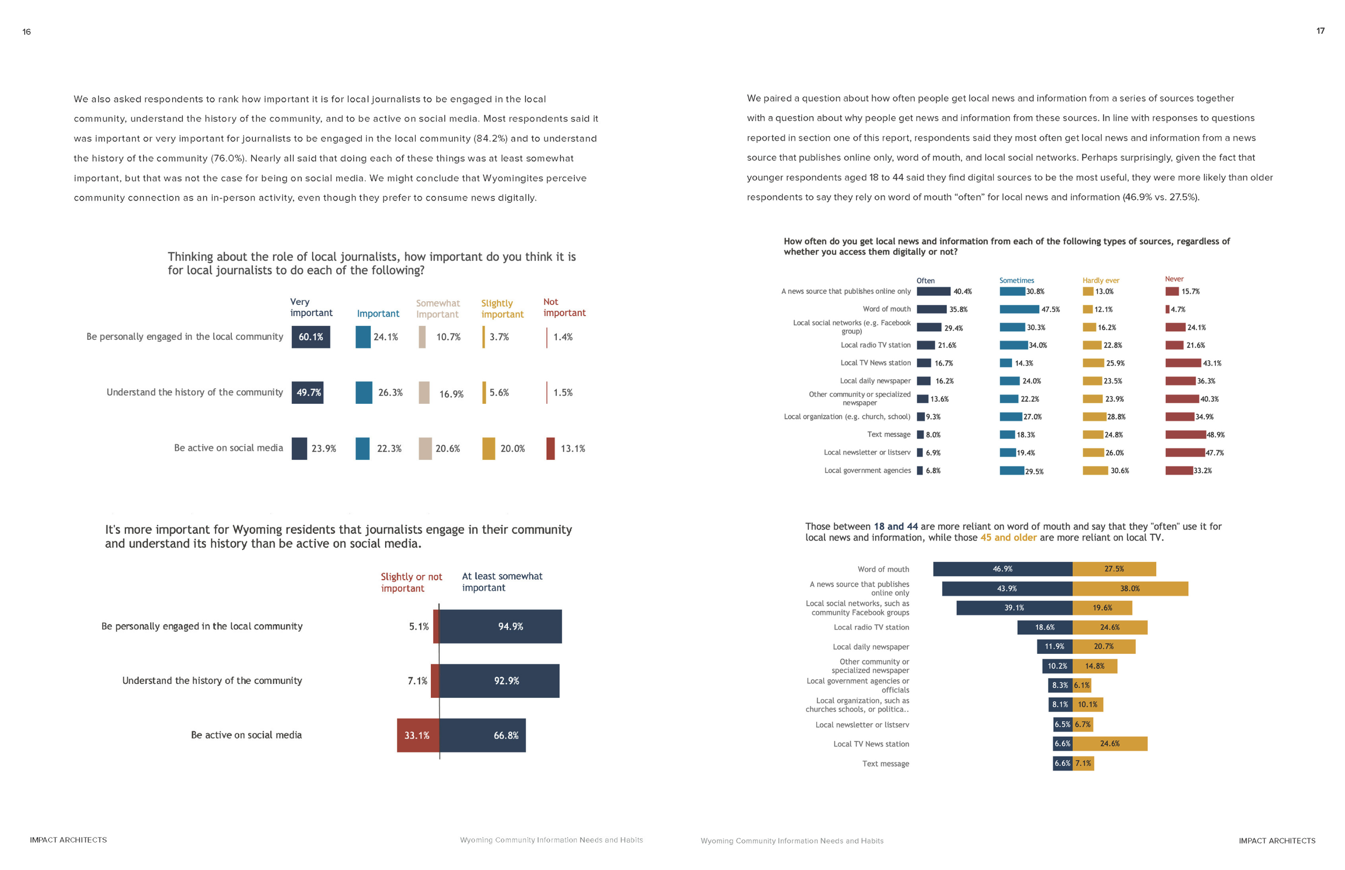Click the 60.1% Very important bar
click(310, 337)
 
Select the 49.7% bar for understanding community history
click(307, 393)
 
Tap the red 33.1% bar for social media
click(417, 735)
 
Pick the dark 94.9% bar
click(500, 626)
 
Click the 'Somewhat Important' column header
click(438, 309)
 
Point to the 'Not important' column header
click(564, 308)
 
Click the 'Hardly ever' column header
click(1100, 280)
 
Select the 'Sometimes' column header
click(1016, 280)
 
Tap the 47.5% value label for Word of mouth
click(1050, 310)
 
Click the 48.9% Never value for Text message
click(1215, 435)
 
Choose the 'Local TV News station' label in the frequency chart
click(875, 363)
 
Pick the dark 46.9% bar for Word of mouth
click(1002, 569)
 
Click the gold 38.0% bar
click(1130, 589)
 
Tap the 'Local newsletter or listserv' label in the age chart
click(862, 725)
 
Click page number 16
click(26, 32)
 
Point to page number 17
click(1320, 31)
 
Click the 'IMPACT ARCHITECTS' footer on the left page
click(68, 840)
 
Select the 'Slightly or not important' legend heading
click(411, 582)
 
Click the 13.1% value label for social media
click(572, 448)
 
